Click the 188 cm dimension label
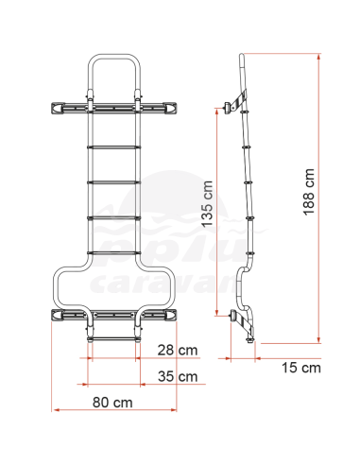tap(309, 192)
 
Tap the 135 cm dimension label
tap(207, 204)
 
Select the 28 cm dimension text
tap(178, 351)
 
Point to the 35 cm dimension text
tap(178, 376)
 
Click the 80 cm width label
tap(112, 403)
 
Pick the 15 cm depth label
tap(301, 368)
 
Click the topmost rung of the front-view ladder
tap(113, 146)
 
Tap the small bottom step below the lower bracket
tap(113, 339)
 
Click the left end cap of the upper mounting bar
tap(57, 108)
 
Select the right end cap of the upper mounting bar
tap(170, 108)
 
